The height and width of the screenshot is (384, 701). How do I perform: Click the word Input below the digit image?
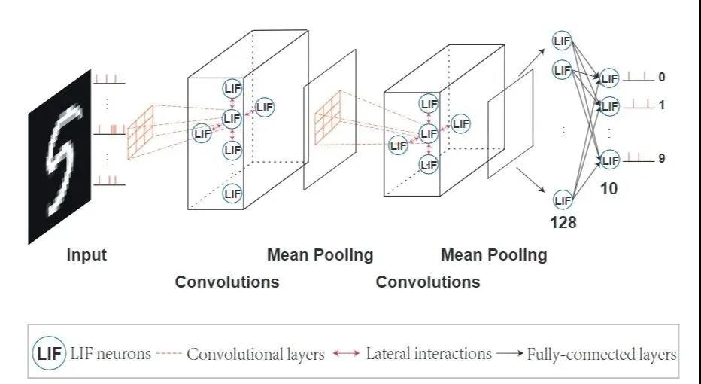coord(86,254)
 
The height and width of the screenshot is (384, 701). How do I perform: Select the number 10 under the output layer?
coord(608,189)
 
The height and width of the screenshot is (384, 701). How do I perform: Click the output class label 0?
coord(661,77)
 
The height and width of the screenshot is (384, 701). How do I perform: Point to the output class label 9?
coord(661,159)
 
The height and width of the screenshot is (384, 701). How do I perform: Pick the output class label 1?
coord(661,105)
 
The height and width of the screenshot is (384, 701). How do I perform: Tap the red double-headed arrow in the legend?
coord(347,354)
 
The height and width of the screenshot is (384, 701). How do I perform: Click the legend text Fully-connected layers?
coord(602,354)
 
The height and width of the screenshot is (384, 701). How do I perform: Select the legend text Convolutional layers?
coord(255,354)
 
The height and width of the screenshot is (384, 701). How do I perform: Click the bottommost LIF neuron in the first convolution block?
coord(232,194)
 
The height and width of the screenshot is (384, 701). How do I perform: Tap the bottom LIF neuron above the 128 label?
coord(562,200)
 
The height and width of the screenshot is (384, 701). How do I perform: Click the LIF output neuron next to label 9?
coord(609,160)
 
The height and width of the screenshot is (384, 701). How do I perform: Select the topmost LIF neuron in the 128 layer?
coord(562,40)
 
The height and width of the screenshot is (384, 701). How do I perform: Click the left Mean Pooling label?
coord(320,254)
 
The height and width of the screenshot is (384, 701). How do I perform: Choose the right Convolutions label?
coord(427,282)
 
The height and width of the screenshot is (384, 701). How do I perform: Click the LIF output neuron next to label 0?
coord(609,78)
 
